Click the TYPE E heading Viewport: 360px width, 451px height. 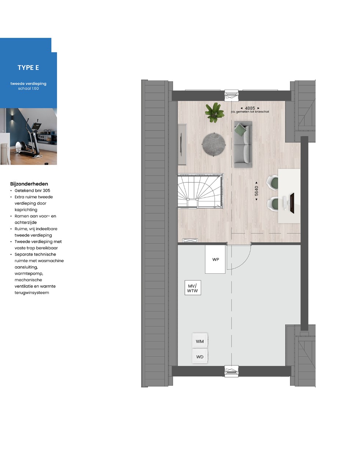pos(28,68)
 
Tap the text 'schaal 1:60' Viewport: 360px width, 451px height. pos(28,88)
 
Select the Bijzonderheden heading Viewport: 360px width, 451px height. pos(29,184)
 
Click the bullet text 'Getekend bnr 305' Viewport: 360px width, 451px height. pos(32,190)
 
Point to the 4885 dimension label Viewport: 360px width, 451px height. pos(250,108)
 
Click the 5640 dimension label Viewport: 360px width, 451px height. pos(257,191)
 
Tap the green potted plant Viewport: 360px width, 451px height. pos(215,113)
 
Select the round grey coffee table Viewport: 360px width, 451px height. pos(214,145)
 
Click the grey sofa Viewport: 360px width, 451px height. pos(243,144)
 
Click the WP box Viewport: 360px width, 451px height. pos(215,259)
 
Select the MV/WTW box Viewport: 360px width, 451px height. pos(193,288)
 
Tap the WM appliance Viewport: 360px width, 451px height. pos(200,341)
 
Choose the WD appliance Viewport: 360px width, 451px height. pos(200,356)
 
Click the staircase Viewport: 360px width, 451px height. pos(200,191)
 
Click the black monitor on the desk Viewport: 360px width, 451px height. pos(292,203)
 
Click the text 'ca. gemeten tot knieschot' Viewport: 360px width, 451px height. pos(250,112)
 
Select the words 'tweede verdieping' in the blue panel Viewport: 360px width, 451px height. pos(28,84)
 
